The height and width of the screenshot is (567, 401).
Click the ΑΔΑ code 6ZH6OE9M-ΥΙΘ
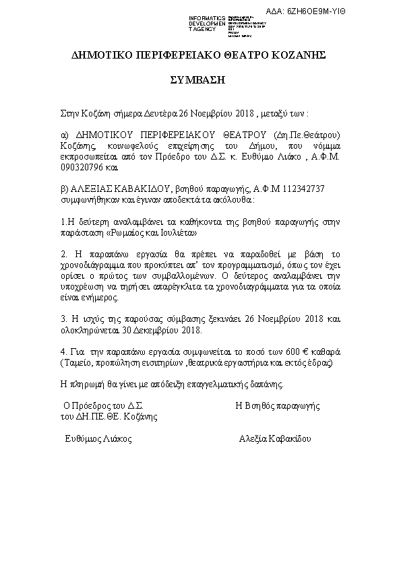(x=362, y=12)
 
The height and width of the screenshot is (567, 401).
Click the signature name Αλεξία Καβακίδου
(x=276, y=438)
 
